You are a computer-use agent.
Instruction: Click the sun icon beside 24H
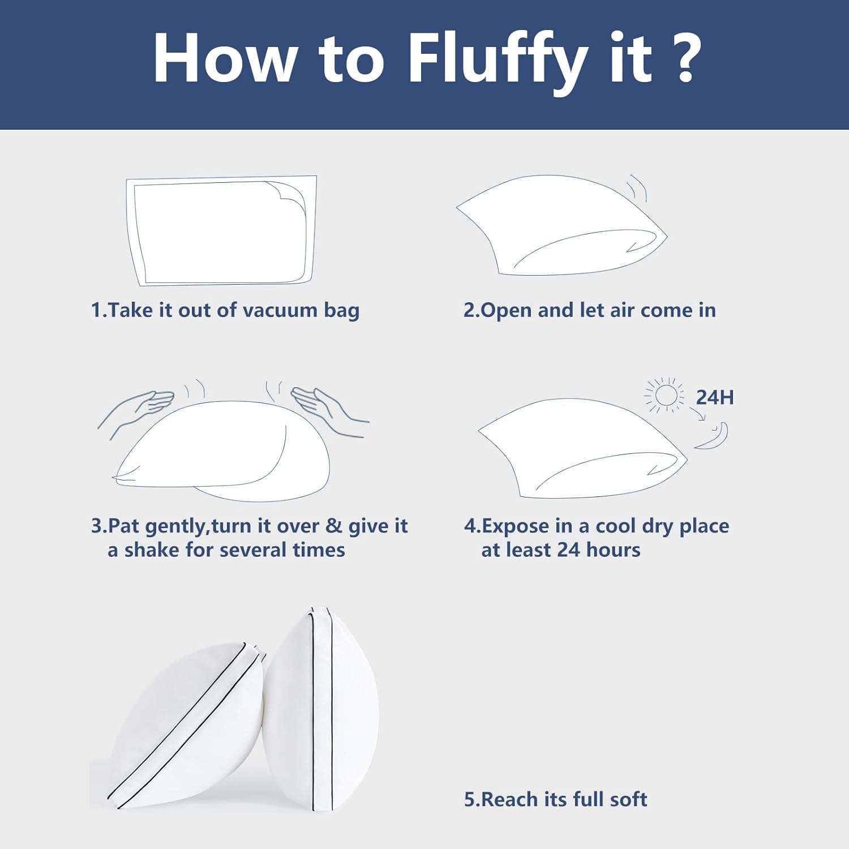pyautogui.click(x=664, y=395)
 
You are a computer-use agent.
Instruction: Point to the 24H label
pyautogui.click(x=714, y=397)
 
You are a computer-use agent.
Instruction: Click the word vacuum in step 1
pyautogui.click(x=280, y=310)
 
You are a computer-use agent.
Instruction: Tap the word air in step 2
pyautogui.click(x=622, y=310)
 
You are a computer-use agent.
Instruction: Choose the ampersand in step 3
pyautogui.click(x=334, y=526)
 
